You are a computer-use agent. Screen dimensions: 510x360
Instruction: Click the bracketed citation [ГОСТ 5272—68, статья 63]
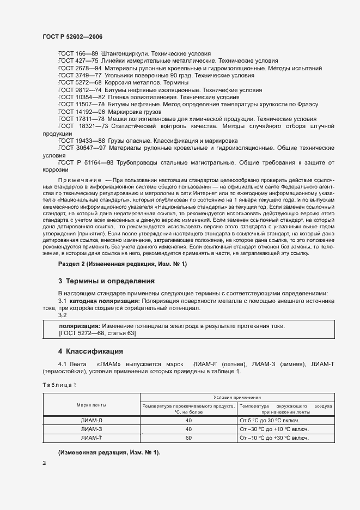[97, 333]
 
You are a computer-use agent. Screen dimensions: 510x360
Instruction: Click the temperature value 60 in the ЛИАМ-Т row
[188, 438]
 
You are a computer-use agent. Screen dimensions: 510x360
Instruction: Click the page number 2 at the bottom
[45, 463]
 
